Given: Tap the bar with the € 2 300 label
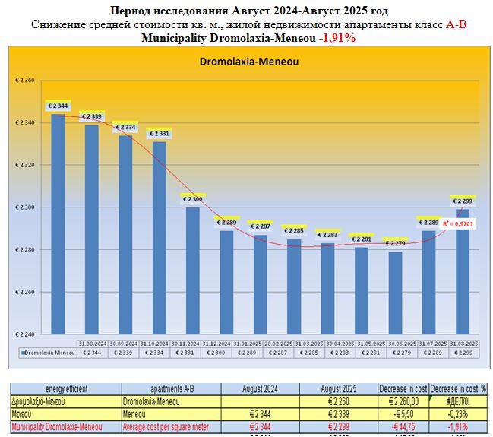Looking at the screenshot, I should [x=193, y=270].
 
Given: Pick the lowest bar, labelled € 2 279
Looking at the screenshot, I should [x=395, y=293].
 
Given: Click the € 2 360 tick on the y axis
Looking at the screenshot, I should [x=25, y=81].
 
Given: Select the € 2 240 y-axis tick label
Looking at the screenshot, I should [x=25, y=334].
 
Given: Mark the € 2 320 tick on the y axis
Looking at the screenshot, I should [x=25, y=165].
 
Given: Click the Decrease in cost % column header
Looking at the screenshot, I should [x=459, y=388].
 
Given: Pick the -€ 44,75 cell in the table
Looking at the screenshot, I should [x=400, y=427].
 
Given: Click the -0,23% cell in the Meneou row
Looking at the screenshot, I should [x=459, y=413].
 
